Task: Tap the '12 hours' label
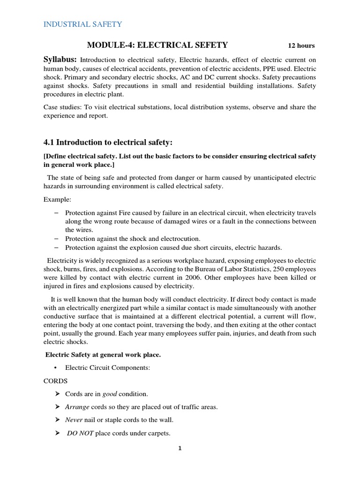301,45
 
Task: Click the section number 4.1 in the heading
50,142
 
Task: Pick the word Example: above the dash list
57,199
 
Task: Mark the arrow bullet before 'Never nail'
57,420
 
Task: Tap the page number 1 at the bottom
180,448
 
